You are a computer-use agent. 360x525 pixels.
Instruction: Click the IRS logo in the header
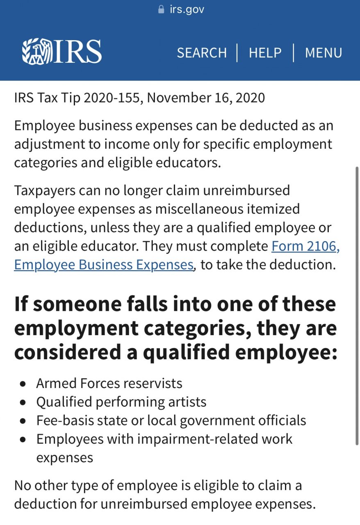point(62,52)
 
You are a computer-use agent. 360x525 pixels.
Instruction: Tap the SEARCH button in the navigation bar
point(202,53)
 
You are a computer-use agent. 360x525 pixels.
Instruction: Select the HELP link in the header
point(265,53)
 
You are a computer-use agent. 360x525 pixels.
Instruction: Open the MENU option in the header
point(324,53)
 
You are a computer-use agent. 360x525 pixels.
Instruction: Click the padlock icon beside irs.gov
point(161,9)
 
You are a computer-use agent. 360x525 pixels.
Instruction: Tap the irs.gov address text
point(187,9)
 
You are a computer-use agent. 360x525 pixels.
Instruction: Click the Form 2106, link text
point(305,246)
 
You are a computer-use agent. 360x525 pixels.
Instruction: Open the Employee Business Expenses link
point(103,265)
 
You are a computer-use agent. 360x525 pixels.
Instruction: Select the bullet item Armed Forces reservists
point(109,383)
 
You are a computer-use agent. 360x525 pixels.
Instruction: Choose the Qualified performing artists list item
point(121,402)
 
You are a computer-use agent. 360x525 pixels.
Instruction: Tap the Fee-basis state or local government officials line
point(171,420)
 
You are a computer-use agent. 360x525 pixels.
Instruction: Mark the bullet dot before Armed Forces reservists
point(23,384)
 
